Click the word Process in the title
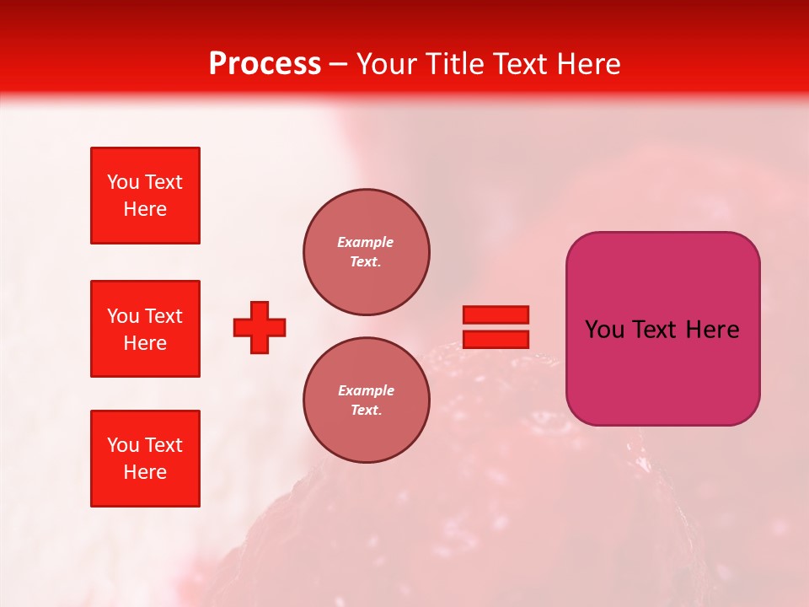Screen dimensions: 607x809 coord(265,64)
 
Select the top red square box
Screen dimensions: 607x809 coord(145,196)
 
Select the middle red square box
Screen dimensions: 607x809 coord(145,329)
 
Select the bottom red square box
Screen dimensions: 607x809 coord(145,459)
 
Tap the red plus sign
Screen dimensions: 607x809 coord(260,327)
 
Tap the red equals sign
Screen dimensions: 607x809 coord(496,327)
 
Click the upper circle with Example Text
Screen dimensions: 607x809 coord(367,251)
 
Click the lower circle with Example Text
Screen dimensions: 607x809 coord(367,400)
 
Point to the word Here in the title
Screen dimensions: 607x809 coord(586,64)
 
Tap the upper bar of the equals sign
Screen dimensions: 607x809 coord(496,315)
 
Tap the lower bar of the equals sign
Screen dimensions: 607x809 coord(496,339)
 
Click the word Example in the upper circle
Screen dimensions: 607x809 coord(366,242)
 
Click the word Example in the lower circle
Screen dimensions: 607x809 coord(366,390)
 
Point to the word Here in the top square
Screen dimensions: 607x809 coord(145,209)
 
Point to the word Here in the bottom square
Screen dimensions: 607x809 coord(145,472)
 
